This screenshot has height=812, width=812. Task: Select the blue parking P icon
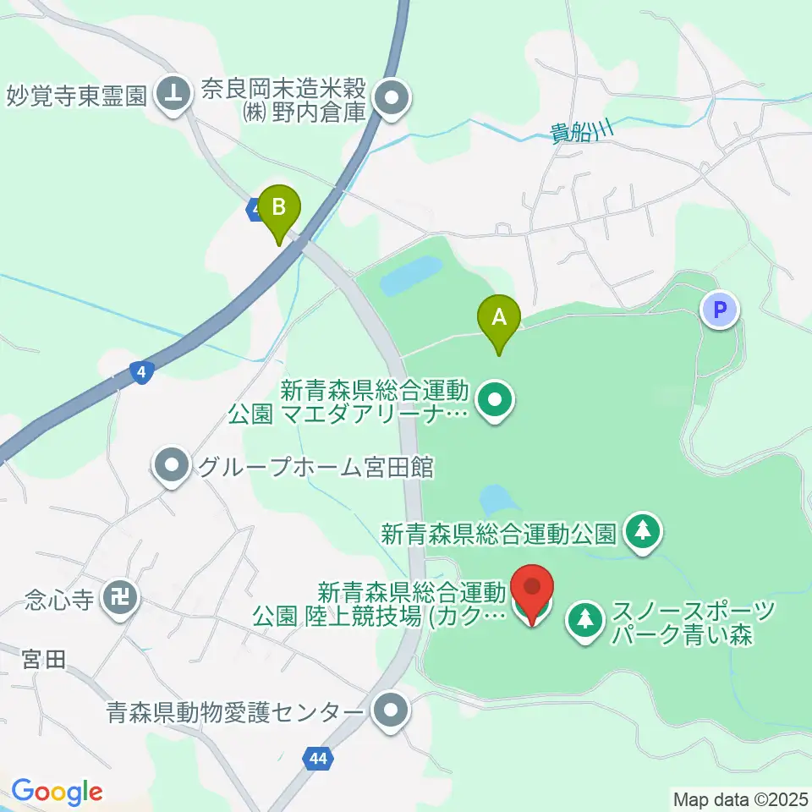[x=720, y=310]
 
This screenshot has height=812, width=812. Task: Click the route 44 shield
[x=317, y=760]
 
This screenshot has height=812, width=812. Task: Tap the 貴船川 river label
[x=581, y=133]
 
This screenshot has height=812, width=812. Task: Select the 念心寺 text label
[x=58, y=601]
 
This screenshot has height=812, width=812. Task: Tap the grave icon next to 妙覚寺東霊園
[x=173, y=93]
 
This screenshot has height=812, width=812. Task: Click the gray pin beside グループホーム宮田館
[x=173, y=466]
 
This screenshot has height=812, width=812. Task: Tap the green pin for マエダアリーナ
[x=495, y=401]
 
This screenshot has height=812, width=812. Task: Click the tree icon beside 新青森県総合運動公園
[x=643, y=532]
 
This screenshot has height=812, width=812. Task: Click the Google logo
[x=57, y=793]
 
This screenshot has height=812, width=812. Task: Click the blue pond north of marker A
[x=410, y=276]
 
